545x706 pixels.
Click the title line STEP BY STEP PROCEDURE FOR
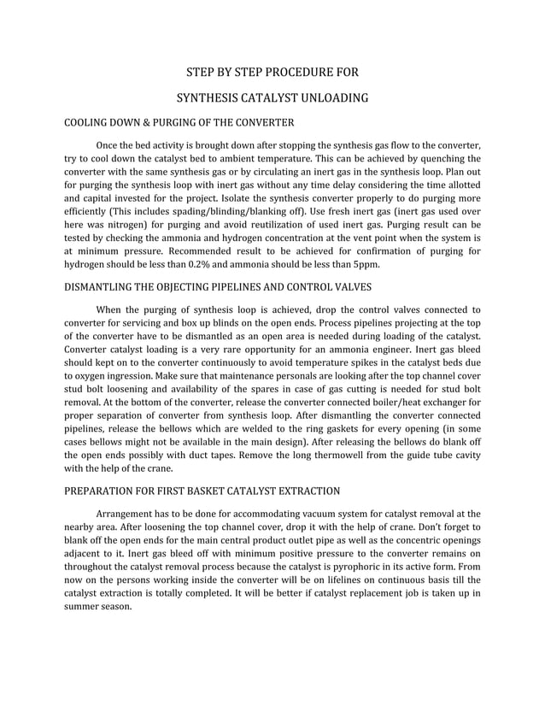pos(272,72)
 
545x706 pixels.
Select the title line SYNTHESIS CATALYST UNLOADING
pos(272,98)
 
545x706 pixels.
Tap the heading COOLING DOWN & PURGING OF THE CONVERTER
pos(179,123)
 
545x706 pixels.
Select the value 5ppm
pos(360,265)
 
